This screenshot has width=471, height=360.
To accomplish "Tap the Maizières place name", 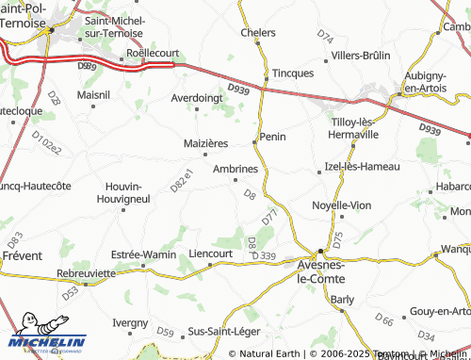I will [204, 143].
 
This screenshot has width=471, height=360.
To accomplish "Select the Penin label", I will [272, 137].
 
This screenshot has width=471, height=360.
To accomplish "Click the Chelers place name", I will [258, 32].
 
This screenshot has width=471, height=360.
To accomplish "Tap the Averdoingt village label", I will [197, 97].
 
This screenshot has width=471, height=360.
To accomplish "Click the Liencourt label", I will [211, 254].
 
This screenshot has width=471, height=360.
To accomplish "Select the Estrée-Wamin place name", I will [144, 254].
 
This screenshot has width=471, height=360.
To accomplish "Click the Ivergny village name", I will [130, 322].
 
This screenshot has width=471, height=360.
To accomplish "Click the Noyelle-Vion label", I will [341, 205].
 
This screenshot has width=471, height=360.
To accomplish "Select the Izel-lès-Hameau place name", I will [362, 167].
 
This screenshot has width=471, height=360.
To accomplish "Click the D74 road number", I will [325, 38].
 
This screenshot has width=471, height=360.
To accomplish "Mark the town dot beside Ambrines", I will [235, 180].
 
